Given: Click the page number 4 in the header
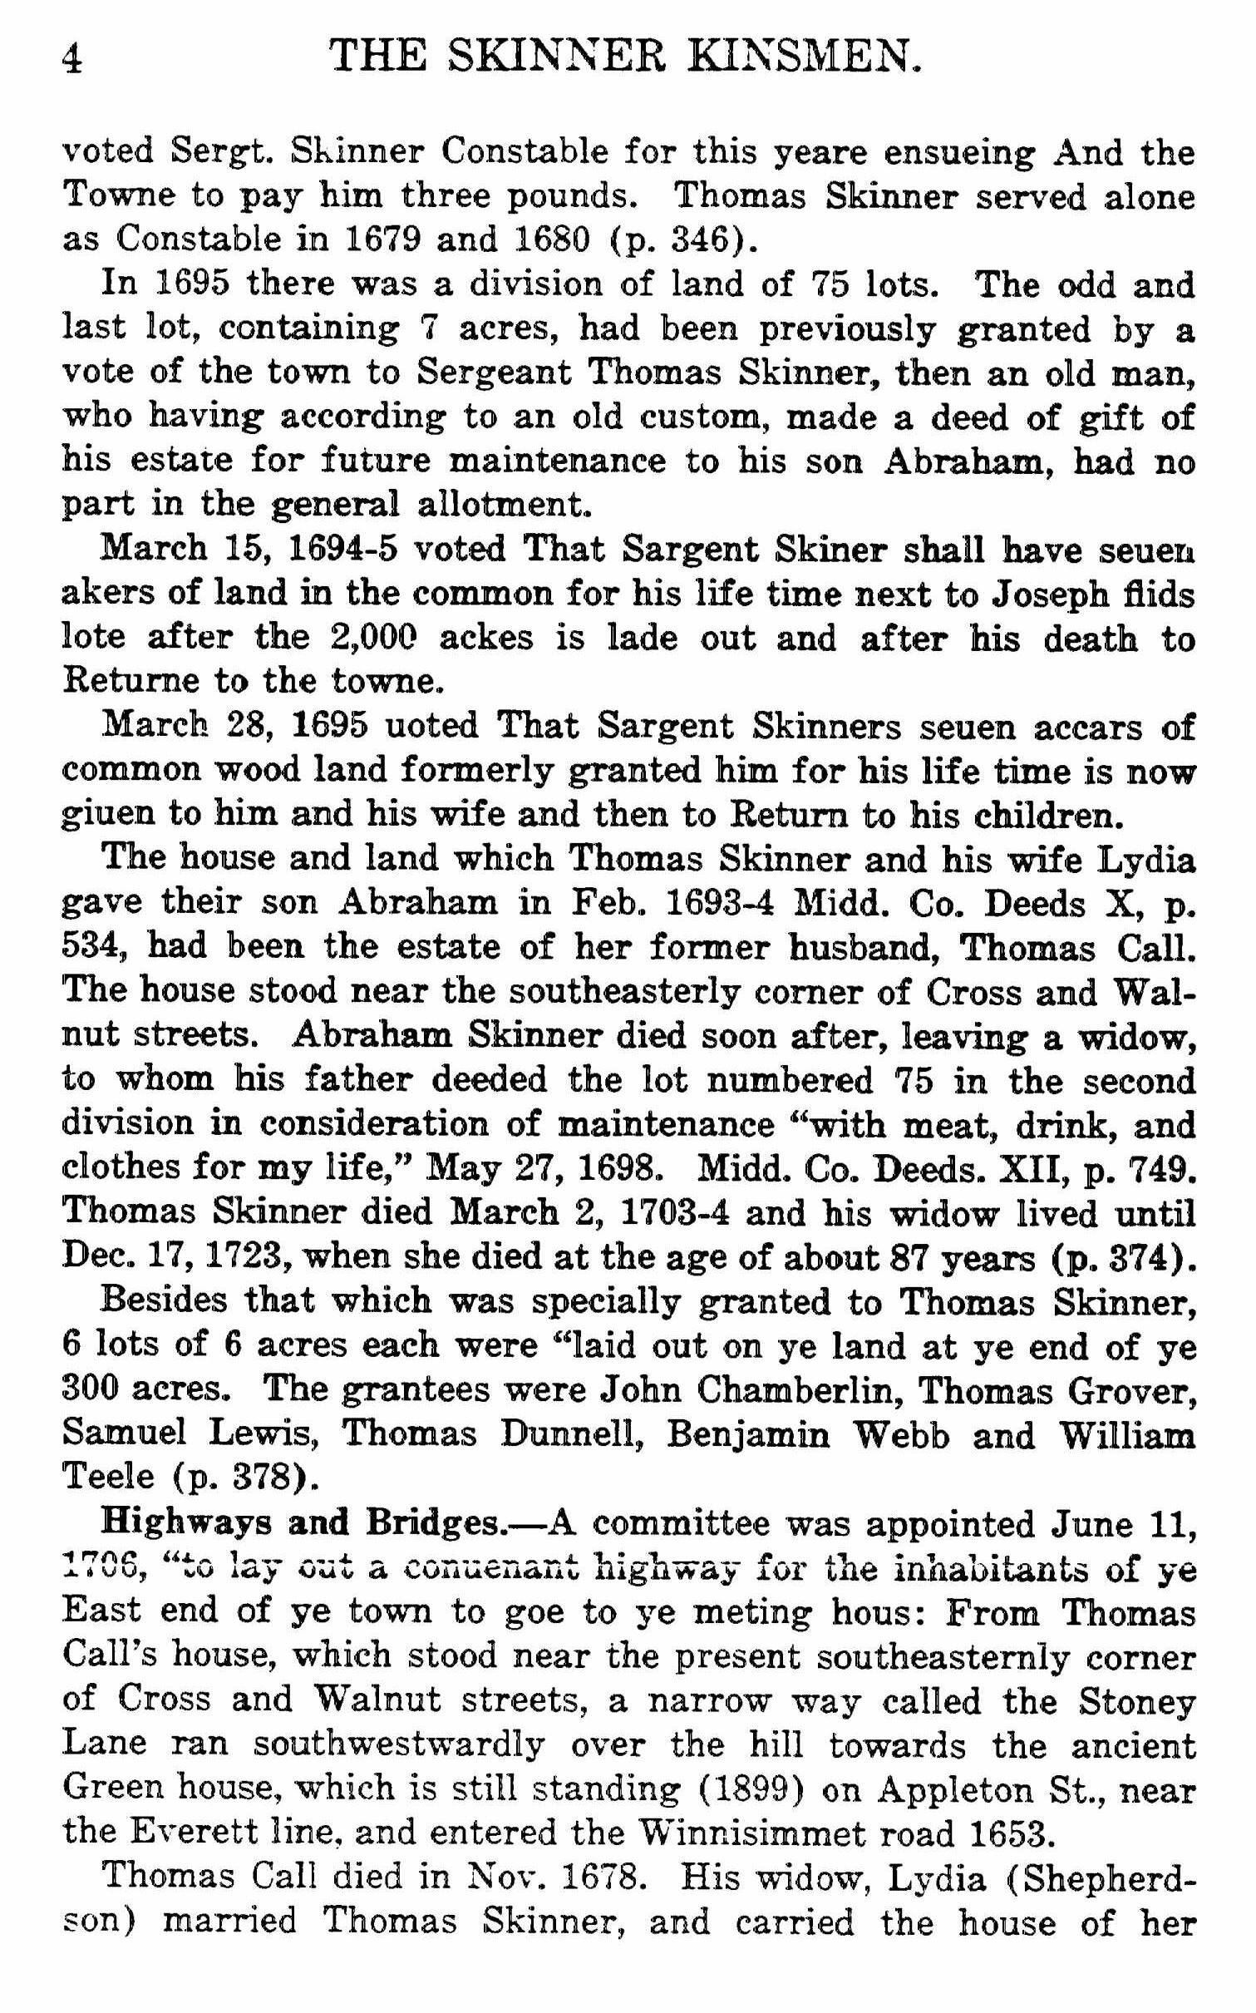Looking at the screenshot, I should (x=72, y=61).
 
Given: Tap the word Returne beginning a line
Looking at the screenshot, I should (x=131, y=681).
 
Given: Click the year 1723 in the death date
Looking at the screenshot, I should (x=242, y=1256).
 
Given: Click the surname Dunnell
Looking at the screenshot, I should (x=569, y=1433).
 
